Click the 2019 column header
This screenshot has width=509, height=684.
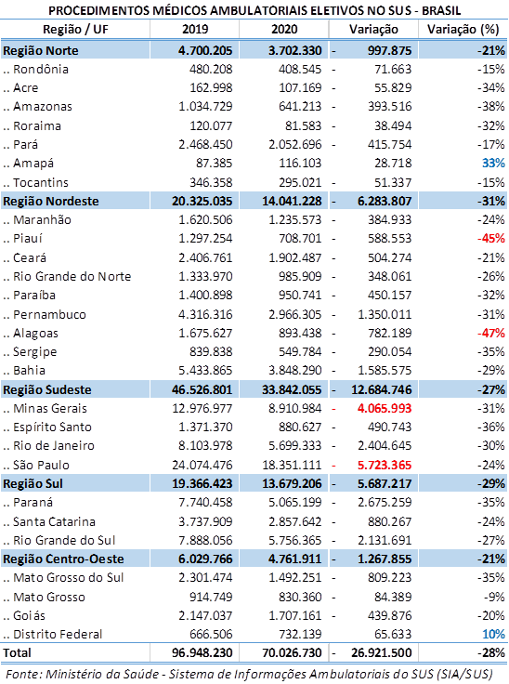tap(195, 29)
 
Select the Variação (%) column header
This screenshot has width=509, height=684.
tap(463, 29)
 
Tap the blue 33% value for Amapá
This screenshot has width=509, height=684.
tap(493, 164)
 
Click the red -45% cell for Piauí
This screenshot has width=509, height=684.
tap(491, 239)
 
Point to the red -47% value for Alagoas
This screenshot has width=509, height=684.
tap(491, 334)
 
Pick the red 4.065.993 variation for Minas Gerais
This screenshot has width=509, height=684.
tap(385, 409)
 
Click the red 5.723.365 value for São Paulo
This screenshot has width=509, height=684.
tap(385, 465)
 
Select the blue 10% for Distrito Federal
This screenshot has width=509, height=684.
tap(493, 634)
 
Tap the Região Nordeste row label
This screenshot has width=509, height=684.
tap(51, 201)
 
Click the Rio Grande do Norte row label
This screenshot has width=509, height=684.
tap(72, 277)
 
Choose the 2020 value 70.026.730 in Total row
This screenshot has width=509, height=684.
tap(292, 653)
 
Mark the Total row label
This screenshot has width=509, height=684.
tap(17, 653)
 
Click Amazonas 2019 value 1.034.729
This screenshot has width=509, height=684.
tap(205, 107)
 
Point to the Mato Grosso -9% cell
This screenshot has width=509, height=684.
tap(496, 597)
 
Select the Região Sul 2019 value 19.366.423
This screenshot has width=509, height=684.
tap(202, 484)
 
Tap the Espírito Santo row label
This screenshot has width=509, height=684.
tap(52, 427)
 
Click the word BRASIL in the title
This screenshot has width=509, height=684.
tap(441, 10)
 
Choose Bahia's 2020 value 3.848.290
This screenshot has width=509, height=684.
tap(294, 371)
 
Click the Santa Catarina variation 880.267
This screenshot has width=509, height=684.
tap(390, 521)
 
